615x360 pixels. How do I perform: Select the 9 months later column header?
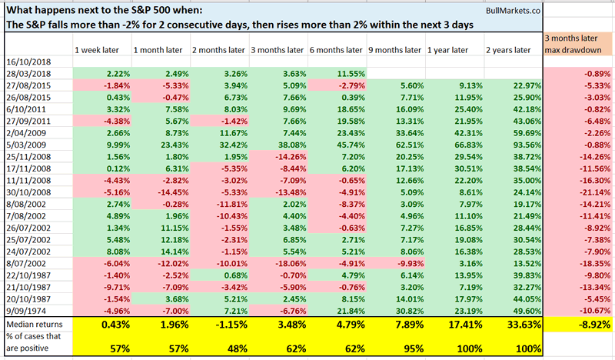(x=394, y=50)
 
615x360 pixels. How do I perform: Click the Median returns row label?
(x=31, y=325)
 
